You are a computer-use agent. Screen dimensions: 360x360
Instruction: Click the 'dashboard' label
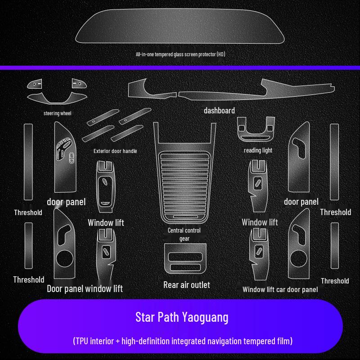click(x=219, y=110)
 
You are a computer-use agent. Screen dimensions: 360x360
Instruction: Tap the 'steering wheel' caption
click(x=58, y=113)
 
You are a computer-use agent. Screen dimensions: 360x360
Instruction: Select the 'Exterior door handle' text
click(x=115, y=151)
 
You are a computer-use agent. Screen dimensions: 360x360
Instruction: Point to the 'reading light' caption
click(x=258, y=150)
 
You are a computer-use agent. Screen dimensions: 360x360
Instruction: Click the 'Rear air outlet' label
click(x=186, y=285)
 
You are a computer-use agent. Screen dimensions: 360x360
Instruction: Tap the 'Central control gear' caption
click(x=184, y=234)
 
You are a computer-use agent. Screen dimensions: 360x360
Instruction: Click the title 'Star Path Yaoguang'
click(x=182, y=317)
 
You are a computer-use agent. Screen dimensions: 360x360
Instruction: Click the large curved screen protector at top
click(x=180, y=28)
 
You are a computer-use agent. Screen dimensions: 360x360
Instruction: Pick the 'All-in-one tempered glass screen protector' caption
click(x=180, y=54)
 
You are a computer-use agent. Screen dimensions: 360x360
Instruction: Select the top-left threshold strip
click(x=28, y=162)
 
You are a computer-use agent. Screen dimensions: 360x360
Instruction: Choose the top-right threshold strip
click(x=334, y=162)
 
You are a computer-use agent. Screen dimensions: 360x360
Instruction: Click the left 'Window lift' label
click(x=106, y=223)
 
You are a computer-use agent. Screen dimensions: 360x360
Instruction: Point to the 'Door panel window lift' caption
click(x=85, y=288)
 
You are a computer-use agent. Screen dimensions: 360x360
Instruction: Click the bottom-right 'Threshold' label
click(x=335, y=281)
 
